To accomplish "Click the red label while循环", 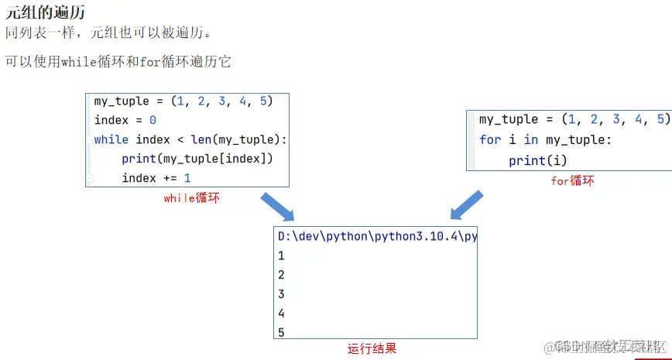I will click(x=191, y=198).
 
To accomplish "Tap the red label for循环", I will click(x=572, y=180).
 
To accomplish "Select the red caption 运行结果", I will click(x=372, y=348).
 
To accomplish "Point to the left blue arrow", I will click(x=276, y=206).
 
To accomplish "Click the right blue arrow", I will click(x=468, y=206).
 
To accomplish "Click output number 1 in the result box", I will click(x=281, y=255).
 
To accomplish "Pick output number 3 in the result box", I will click(x=281, y=294).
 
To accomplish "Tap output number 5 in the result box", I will click(x=281, y=332).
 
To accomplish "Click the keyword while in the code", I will click(x=111, y=139).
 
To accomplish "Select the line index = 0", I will click(x=125, y=120).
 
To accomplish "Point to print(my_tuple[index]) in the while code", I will click(x=197, y=159).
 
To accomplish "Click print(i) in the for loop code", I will click(x=537, y=160).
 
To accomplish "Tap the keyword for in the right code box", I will click(x=489, y=139).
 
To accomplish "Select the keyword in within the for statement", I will click(x=530, y=139).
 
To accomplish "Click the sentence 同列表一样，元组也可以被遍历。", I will click(x=108, y=33).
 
